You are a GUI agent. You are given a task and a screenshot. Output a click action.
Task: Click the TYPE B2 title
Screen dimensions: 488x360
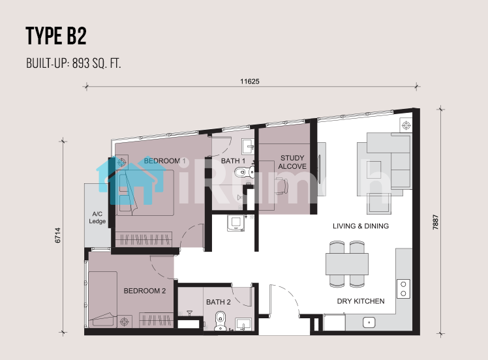(x=56, y=36)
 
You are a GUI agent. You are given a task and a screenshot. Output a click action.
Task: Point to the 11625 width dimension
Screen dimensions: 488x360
(x=250, y=82)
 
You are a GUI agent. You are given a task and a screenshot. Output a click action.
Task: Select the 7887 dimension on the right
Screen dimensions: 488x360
(x=435, y=222)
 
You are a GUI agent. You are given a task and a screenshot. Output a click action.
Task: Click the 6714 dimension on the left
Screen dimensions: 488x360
(x=57, y=235)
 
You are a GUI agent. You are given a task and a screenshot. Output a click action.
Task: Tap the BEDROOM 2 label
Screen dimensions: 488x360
(x=145, y=291)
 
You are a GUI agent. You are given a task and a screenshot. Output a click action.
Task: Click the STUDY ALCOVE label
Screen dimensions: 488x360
(x=292, y=162)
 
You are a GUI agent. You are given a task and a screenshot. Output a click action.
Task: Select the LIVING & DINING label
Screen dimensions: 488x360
(x=361, y=226)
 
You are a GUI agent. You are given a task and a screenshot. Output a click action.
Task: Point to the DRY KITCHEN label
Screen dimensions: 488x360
(x=361, y=301)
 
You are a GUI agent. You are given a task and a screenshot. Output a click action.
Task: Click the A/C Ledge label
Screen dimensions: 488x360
(x=97, y=217)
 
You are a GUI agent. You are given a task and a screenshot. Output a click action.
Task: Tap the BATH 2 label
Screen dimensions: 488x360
(x=218, y=302)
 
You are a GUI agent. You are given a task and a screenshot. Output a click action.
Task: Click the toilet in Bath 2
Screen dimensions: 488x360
(x=221, y=321)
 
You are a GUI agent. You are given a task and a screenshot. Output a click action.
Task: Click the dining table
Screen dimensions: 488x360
(x=347, y=264)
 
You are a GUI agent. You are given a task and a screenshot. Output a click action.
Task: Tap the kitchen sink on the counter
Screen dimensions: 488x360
(x=369, y=323)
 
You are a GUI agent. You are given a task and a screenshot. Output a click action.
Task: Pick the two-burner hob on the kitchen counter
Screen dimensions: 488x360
(x=403, y=289)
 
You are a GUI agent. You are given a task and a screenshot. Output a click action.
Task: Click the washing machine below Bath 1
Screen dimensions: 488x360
(x=236, y=224)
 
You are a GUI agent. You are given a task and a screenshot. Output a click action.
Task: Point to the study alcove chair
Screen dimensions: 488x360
(x=282, y=186)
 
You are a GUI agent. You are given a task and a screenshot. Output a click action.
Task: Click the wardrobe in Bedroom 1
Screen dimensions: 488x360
(x=144, y=239)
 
